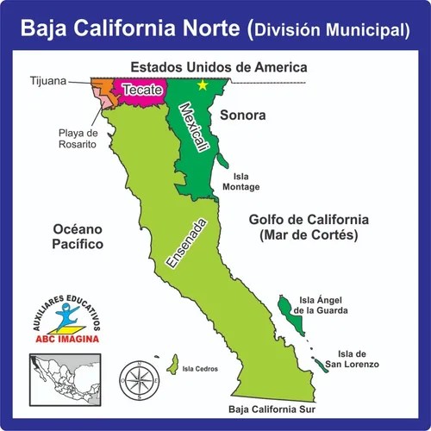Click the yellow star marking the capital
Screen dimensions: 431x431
(203, 84)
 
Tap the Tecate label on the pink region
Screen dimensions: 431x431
(140, 90)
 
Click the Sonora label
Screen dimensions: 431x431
(242, 115)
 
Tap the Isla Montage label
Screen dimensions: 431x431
(240, 181)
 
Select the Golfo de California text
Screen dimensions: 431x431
(308, 219)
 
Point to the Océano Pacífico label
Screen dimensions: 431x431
(78, 237)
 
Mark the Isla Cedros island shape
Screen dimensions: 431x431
(174, 360)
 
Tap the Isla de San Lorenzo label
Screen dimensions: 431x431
(356, 359)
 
